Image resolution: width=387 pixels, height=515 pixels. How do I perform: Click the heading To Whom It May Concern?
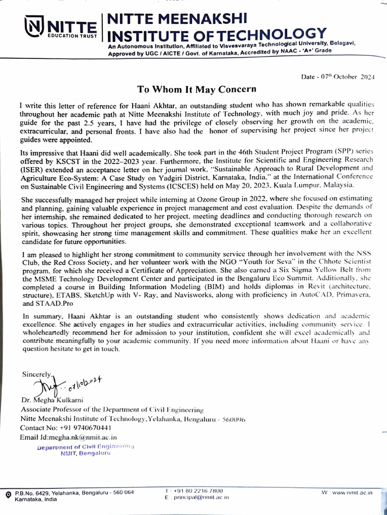tap(197, 89)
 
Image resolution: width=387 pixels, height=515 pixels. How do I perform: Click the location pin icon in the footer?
tap(8, 495)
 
